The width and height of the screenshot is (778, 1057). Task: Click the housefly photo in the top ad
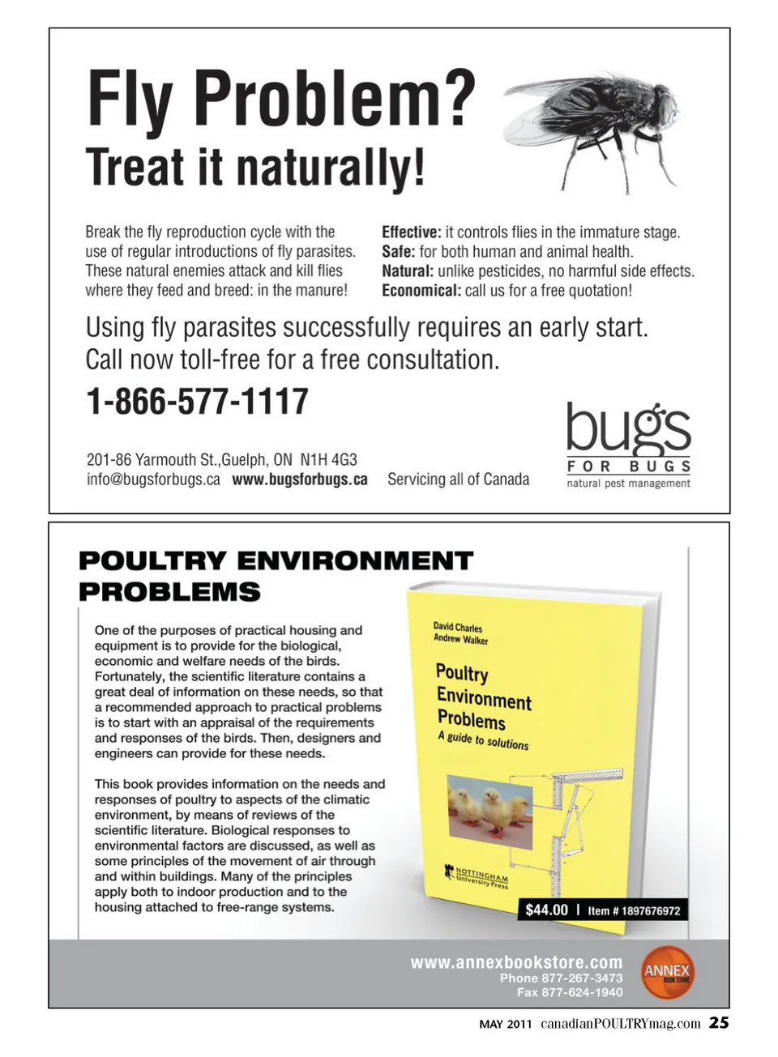tap(595, 130)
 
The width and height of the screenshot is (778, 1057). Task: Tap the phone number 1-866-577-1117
tap(197, 401)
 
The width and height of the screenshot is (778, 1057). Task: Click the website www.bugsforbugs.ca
tap(300, 479)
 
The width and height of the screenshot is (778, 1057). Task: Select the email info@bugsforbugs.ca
tap(153, 479)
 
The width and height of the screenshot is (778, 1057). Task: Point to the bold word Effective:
tap(412, 232)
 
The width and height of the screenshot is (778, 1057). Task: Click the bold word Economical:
tap(421, 291)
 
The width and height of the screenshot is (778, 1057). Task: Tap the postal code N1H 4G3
tap(328, 460)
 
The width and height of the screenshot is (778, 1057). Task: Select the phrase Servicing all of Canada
tap(458, 479)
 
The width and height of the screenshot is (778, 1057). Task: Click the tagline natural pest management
tap(628, 484)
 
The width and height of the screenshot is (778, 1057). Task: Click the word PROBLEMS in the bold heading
tap(169, 592)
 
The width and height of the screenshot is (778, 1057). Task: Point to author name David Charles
tap(457, 627)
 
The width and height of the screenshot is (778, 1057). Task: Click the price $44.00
tap(546, 910)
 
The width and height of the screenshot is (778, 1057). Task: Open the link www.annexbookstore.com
tap(516, 962)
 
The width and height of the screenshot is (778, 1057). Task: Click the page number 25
tap(719, 1022)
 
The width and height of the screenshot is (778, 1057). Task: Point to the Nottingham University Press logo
tap(477, 877)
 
